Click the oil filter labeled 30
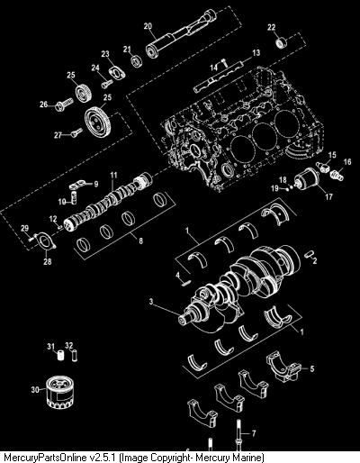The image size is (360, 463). point(58,392)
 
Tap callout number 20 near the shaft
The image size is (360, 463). point(148,26)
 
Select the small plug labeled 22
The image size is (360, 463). point(281,42)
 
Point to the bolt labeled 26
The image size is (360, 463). point(64,104)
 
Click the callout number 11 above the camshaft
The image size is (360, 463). point(113,175)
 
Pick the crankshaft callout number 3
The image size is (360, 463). point(151,301)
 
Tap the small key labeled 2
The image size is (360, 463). point(308,255)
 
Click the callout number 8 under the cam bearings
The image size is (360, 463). point(140,241)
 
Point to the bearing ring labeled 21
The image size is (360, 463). point(137,61)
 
